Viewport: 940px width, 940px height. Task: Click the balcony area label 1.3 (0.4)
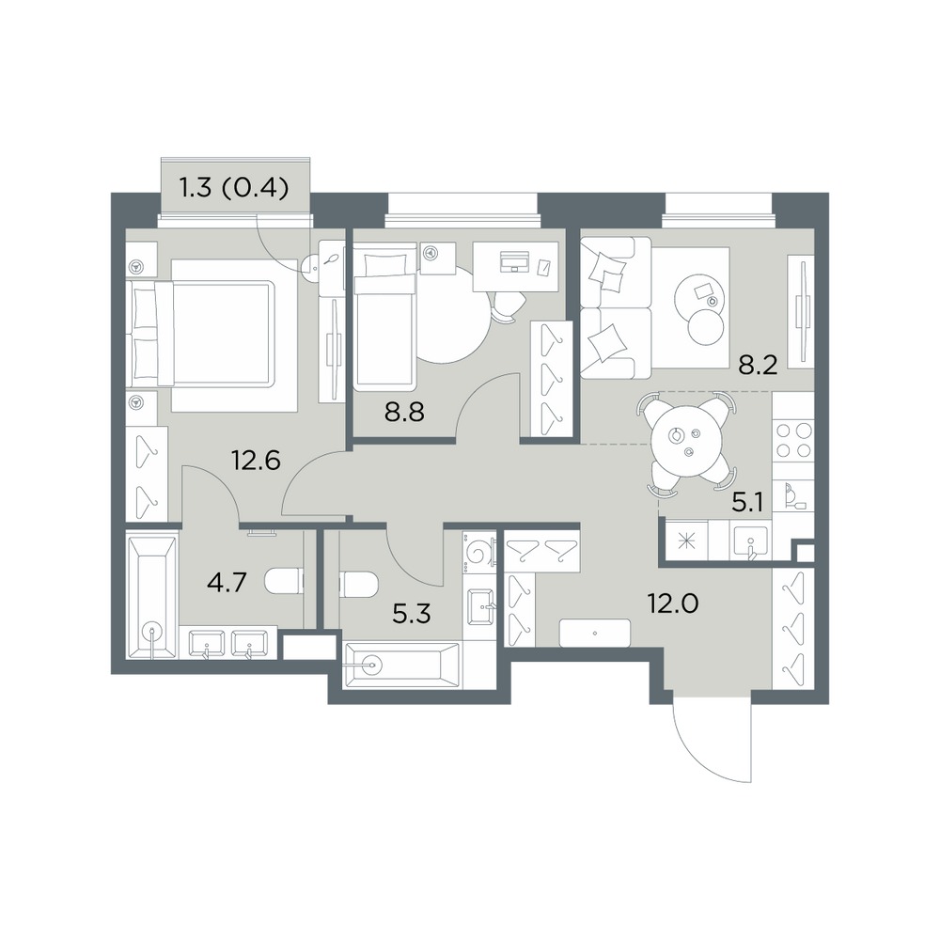pos(234,188)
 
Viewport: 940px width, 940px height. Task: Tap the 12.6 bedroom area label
pos(256,461)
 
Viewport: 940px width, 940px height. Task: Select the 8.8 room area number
pos(404,413)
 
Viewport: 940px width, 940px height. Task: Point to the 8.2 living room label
pos(758,365)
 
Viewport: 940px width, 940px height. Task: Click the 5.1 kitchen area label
pos(747,503)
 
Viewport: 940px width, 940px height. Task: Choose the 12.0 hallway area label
pos(673,603)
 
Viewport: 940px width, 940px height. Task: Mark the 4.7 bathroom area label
pos(227,582)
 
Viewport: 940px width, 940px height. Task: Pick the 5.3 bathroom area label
pos(412,615)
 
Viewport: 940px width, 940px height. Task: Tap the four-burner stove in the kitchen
pos(793,441)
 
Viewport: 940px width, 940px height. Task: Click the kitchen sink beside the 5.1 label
pos(750,540)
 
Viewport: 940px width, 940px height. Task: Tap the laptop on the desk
pos(514,261)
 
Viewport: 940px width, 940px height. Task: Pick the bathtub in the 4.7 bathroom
pos(152,598)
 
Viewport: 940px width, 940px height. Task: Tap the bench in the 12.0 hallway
pos(595,633)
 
